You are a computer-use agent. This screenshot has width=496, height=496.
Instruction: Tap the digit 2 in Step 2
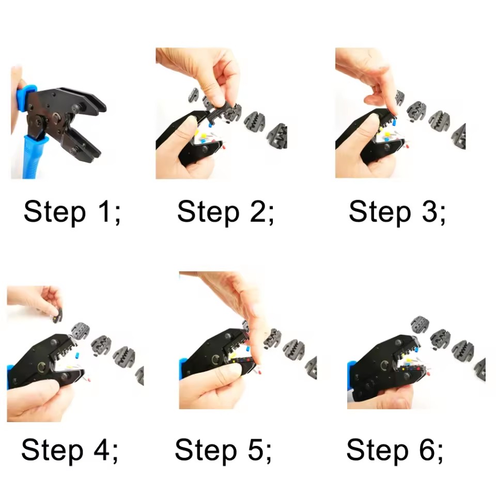pos(258,211)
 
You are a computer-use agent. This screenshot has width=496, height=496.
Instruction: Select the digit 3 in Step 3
pos(429,211)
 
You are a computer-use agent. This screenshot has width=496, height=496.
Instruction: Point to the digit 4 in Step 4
pos(102,450)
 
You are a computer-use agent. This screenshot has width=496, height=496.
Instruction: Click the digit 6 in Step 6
pos(427,450)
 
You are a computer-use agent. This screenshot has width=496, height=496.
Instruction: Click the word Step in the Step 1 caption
pos(55,213)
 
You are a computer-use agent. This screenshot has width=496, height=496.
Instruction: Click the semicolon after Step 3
pos(442,215)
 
